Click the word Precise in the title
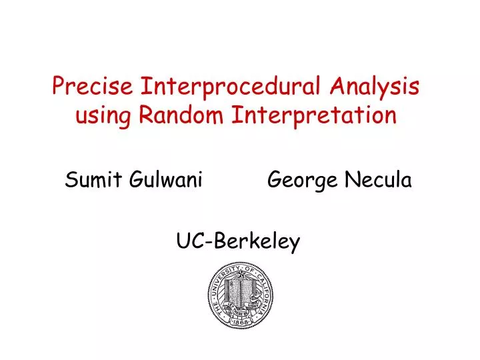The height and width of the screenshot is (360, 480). tap(93, 87)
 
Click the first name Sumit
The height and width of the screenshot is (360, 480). tap(89, 179)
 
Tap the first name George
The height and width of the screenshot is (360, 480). tap(299, 180)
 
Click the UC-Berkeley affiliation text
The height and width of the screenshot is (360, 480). tap(239, 241)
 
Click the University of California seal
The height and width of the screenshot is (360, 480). tap(241, 295)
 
